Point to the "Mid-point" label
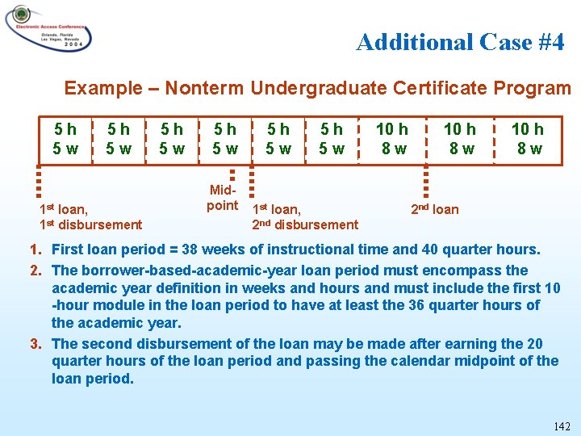click(223, 198)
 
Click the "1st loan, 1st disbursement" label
click(90, 217)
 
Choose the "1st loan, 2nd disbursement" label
click(305, 217)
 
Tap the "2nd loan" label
click(434, 210)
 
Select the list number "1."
click(36, 250)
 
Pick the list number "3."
click(36, 344)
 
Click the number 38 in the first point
click(192, 250)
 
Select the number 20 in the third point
click(533, 344)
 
